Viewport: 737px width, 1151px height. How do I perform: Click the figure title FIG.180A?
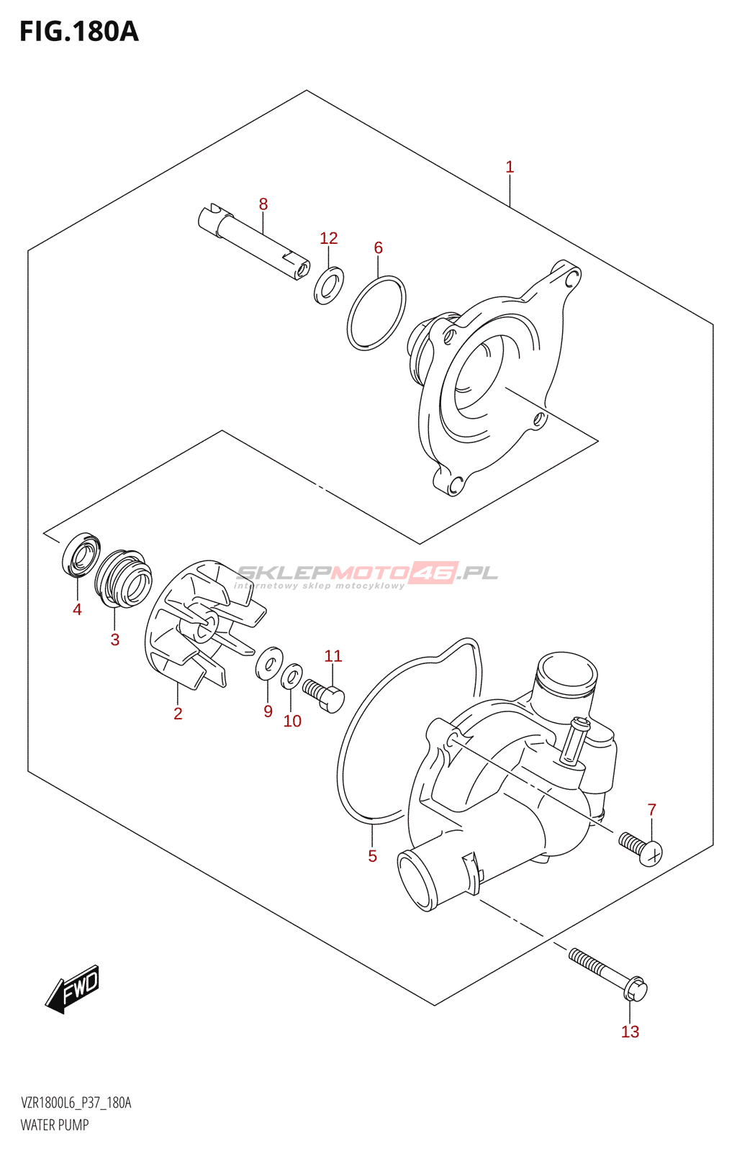[79, 32]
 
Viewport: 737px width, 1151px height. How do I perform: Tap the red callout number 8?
[263, 204]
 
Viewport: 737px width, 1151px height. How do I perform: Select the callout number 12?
[328, 238]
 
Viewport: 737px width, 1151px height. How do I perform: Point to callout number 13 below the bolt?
[630, 1032]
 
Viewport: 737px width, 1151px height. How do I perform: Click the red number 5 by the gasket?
[372, 856]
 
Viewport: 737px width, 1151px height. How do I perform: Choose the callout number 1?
[510, 167]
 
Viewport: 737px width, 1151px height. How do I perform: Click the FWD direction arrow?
[73, 988]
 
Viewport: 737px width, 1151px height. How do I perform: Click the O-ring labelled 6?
[376, 313]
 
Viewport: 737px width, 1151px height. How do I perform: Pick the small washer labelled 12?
[329, 285]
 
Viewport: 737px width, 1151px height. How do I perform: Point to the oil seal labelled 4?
[81, 555]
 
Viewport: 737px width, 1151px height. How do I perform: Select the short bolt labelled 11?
[325, 693]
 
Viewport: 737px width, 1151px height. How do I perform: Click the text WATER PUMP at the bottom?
[55, 1125]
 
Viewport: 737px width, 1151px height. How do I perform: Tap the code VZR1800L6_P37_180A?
[76, 1103]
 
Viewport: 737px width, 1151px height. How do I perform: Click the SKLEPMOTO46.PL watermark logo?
[367, 574]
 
